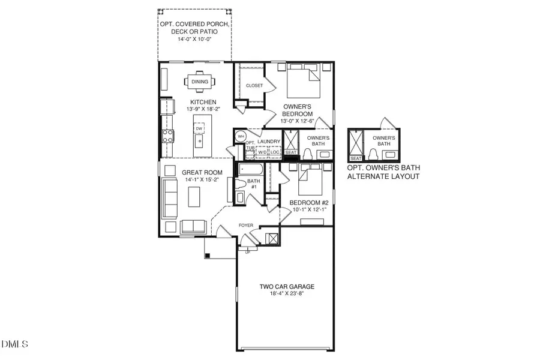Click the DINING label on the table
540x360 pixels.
pos(200,82)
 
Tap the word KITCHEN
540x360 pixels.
pos(203,102)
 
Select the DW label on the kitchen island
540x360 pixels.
pos(199,128)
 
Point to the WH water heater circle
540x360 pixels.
pos(241,136)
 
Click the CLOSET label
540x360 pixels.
pos(254,86)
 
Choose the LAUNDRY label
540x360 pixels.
pos(269,142)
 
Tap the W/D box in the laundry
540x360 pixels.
pos(262,152)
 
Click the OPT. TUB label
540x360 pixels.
pos(250,146)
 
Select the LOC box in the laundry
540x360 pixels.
pos(275,152)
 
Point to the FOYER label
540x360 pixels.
pos(246,226)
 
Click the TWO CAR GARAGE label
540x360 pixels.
pos(287,287)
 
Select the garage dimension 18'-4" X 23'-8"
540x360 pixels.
pos(287,295)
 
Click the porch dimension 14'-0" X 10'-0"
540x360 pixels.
pos(194,39)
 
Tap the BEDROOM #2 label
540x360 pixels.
pos(308,203)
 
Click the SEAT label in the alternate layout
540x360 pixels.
pos(355,158)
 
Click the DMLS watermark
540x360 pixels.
pos(15,344)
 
